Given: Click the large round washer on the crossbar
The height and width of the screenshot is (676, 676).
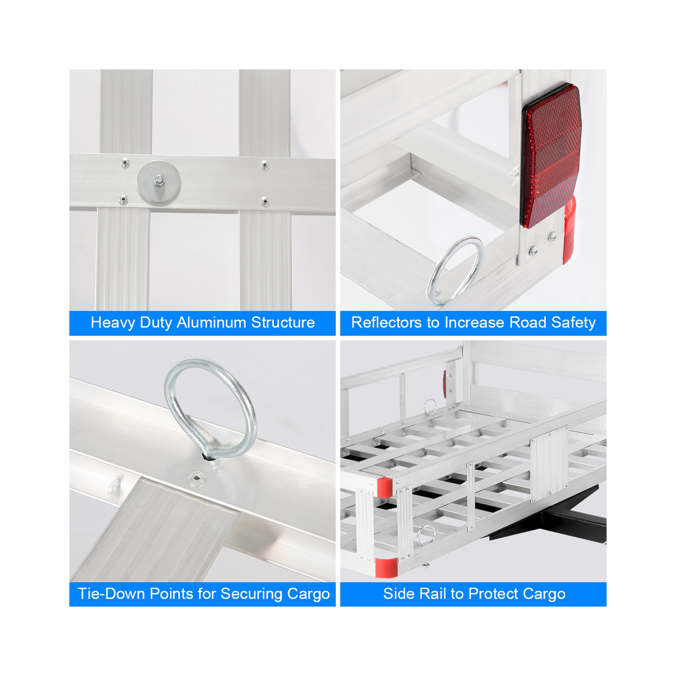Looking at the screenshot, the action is point(159,182).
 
